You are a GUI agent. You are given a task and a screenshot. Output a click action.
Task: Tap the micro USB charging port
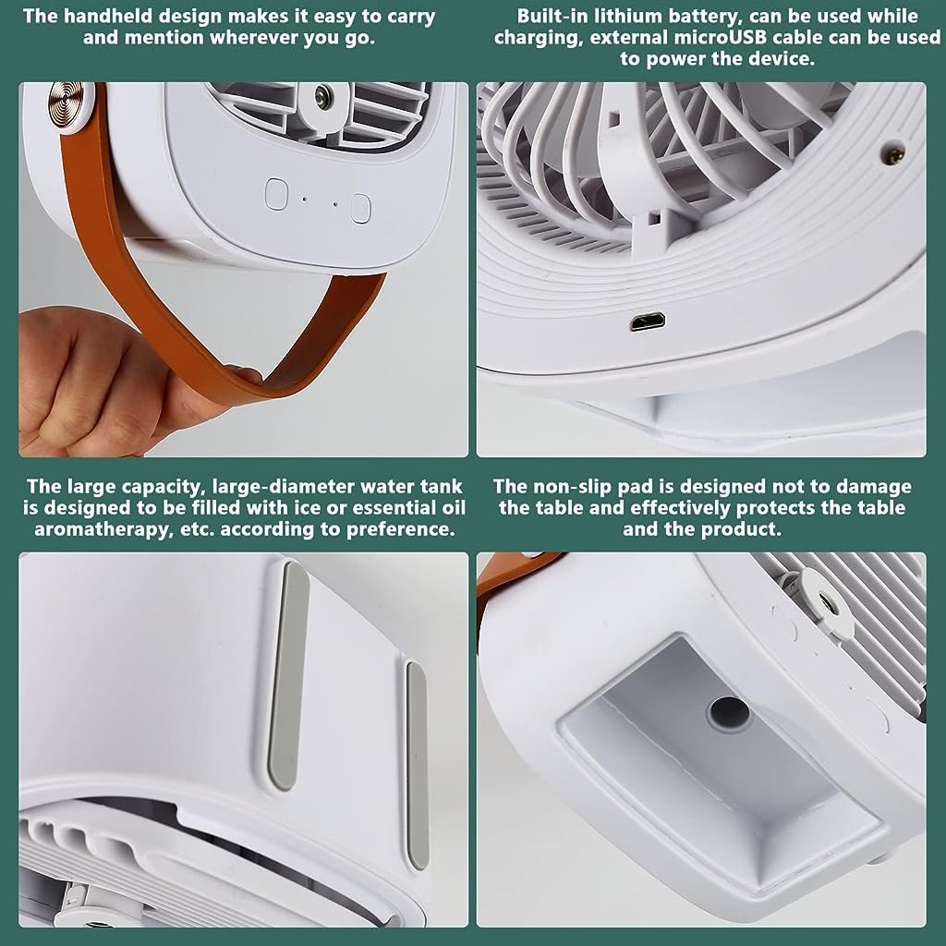pyautogui.click(x=647, y=322)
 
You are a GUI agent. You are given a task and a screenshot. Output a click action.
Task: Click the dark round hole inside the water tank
pyautogui.click(x=729, y=712)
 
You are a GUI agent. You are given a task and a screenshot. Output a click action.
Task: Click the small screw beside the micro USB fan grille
pyautogui.click(x=894, y=146)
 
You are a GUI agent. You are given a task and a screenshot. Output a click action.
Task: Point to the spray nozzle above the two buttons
pyautogui.click(x=321, y=95)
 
